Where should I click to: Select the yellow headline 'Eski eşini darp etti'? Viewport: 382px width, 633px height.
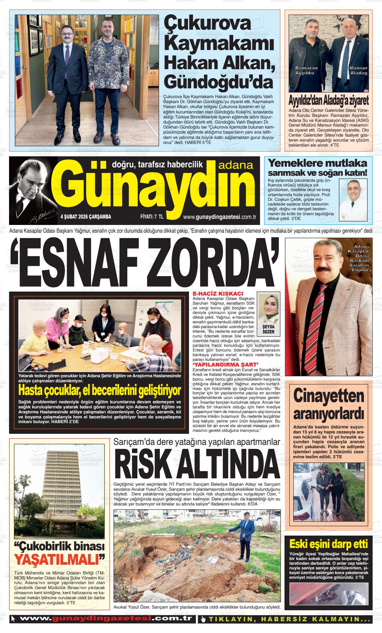tap(328, 544)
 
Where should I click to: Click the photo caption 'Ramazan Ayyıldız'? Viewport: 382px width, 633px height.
tap(306, 70)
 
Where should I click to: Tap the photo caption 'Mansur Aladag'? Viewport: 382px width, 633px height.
tap(358, 70)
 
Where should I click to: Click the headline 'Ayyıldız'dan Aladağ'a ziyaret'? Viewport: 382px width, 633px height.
tap(328, 100)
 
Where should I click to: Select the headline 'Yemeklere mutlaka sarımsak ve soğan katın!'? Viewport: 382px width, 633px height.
tap(318, 168)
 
